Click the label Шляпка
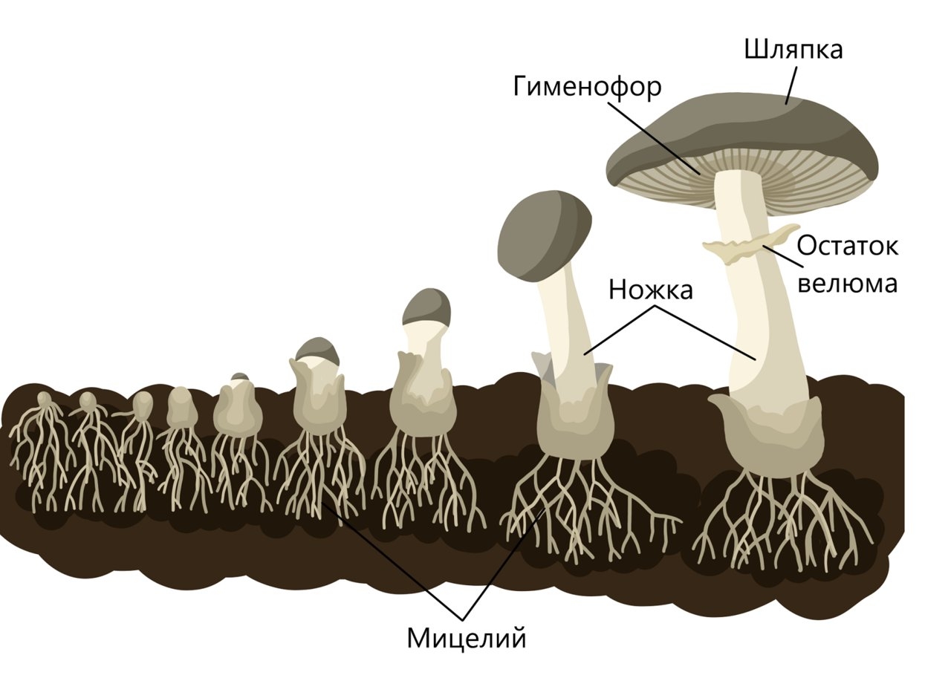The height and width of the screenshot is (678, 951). point(793,50)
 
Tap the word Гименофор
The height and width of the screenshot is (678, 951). point(586,88)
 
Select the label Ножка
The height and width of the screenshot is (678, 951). point(650,290)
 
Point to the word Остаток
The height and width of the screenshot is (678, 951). point(847,246)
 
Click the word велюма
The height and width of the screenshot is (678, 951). point(847,283)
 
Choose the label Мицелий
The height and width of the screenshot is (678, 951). point(467,637)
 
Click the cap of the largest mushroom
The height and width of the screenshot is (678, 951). point(743,126)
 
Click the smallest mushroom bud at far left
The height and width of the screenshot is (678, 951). point(45,402)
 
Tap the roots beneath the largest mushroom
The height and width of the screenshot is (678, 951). point(780,520)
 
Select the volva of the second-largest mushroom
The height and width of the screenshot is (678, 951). point(572,427)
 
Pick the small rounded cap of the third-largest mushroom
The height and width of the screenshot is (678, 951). point(426,306)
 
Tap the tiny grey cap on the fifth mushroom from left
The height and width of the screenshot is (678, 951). point(239,377)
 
